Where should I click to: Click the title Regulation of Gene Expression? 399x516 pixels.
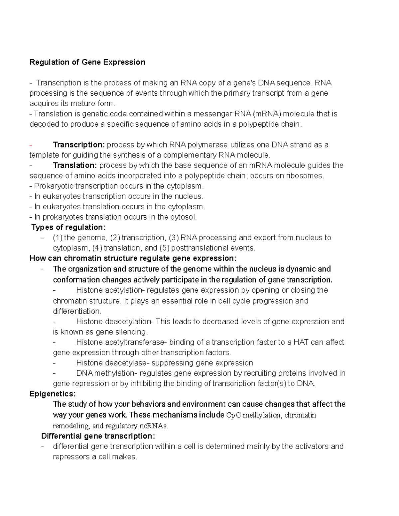[x=87, y=62]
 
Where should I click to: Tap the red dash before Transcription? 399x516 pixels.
[x=31, y=145]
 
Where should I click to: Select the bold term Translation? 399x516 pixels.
[x=75, y=165]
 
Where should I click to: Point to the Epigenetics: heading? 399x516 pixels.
[x=53, y=394]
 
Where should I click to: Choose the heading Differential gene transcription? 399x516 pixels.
[x=98, y=436]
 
